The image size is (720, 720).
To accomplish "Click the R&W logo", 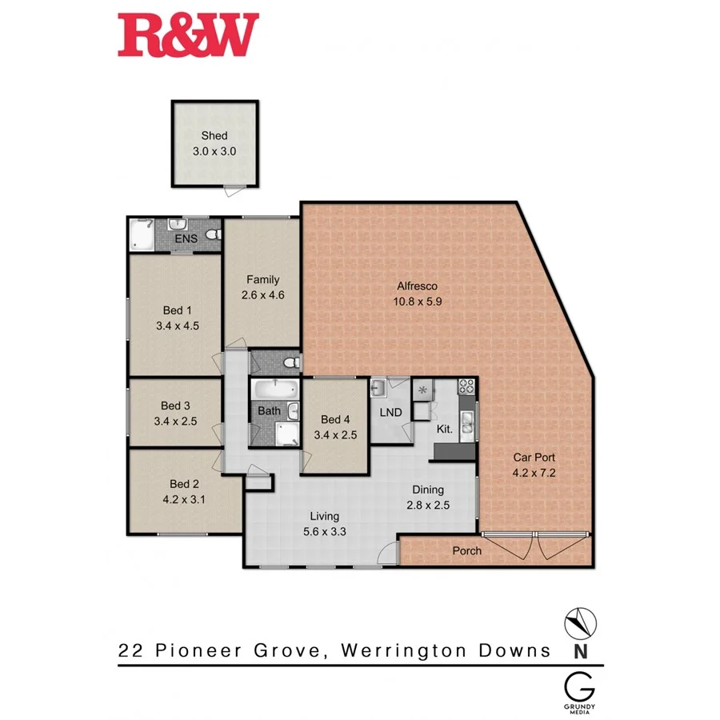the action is (x=189, y=35).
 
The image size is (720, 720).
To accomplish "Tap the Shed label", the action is (x=214, y=136).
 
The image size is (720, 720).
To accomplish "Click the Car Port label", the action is (x=534, y=458).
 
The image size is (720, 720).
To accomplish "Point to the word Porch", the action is (x=467, y=550).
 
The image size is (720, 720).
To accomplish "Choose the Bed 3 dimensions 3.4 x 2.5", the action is (x=176, y=420).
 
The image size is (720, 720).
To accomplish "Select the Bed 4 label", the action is (x=335, y=420).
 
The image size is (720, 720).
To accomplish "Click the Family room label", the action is (x=262, y=280).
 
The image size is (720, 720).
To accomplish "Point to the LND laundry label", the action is (x=390, y=413).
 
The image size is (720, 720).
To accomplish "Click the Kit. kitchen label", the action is (x=444, y=429).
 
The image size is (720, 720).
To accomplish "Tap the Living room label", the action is (x=325, y=516).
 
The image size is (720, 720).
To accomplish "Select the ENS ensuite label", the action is (x=187, y=238).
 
